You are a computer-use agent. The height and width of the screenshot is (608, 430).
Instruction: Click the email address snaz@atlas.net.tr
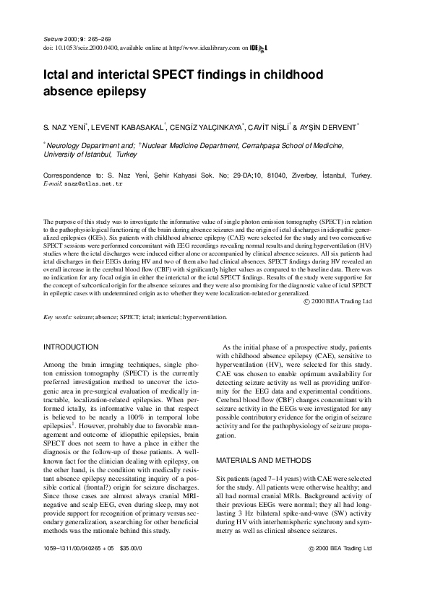pos(95,185)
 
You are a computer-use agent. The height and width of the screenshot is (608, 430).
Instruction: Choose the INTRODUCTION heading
pos(72,347)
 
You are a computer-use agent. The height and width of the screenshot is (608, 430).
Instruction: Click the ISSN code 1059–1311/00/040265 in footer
pos(74,568)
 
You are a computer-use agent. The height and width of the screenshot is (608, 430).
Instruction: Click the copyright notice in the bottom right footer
pos(339,568)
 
